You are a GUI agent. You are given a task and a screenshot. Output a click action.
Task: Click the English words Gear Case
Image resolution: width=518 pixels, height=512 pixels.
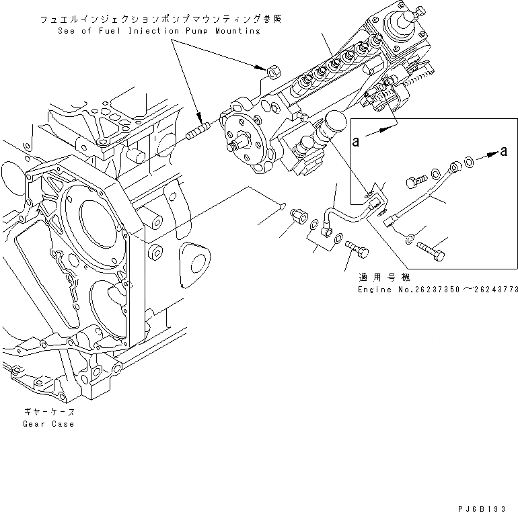[48, 424]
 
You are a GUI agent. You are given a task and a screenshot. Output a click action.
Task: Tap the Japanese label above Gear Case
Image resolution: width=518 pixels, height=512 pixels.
[48, 412]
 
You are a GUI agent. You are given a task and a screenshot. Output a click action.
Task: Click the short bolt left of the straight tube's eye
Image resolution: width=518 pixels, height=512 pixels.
[414, 181]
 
